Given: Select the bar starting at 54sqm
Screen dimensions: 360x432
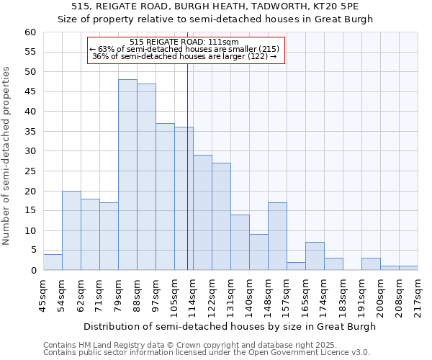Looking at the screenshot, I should (71, 230).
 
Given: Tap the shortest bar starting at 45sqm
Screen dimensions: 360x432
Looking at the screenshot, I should (53, 262).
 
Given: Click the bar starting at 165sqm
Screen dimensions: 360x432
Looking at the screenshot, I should (315, 256).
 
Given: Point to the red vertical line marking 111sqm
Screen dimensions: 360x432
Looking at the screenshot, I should (187, 166).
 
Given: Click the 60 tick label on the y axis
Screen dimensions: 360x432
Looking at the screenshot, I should (30, 32).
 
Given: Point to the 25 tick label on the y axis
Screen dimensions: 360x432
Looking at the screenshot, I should (30, 171).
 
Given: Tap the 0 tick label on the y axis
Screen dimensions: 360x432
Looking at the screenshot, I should (32, 271).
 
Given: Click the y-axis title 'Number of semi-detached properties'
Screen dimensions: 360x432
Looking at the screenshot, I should (7, 156).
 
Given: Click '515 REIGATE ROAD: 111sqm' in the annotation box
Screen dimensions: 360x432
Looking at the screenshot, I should (186, 42).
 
